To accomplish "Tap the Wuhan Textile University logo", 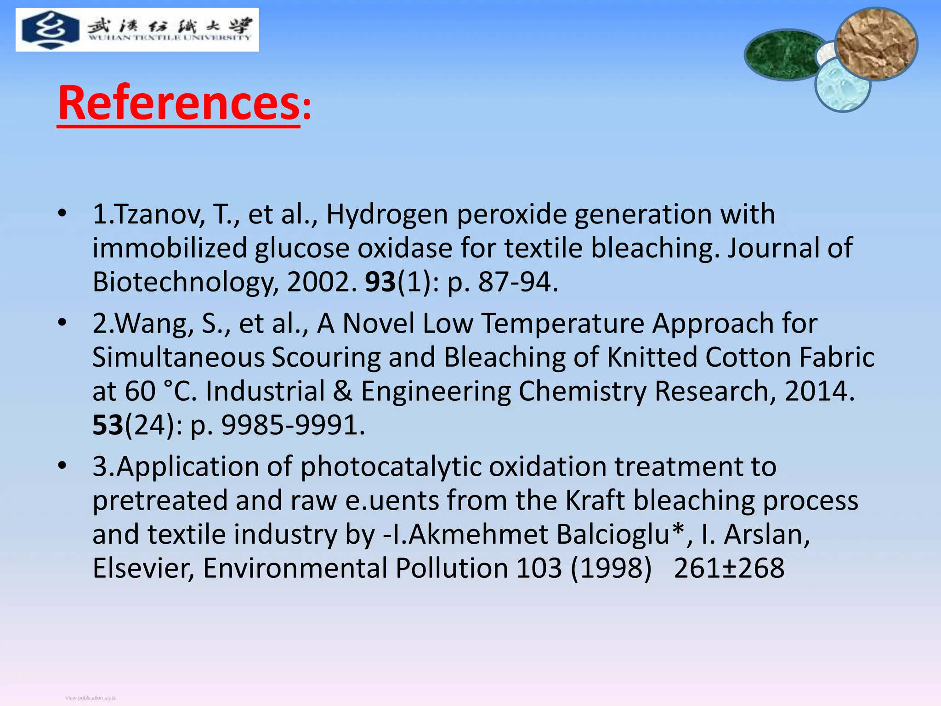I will [x=137, y=29].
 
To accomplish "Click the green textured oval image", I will [x=783, y=55].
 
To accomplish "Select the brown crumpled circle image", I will [x=876, y=44].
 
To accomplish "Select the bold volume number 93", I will [x=380, y=282].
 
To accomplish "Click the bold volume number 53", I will [x=108, y=425].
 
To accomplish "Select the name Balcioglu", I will [x=621, y=534].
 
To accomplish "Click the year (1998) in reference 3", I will [x=611, y=568].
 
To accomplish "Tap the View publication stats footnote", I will [x=91, y=698].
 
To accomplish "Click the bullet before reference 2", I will [x=62, y=322].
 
